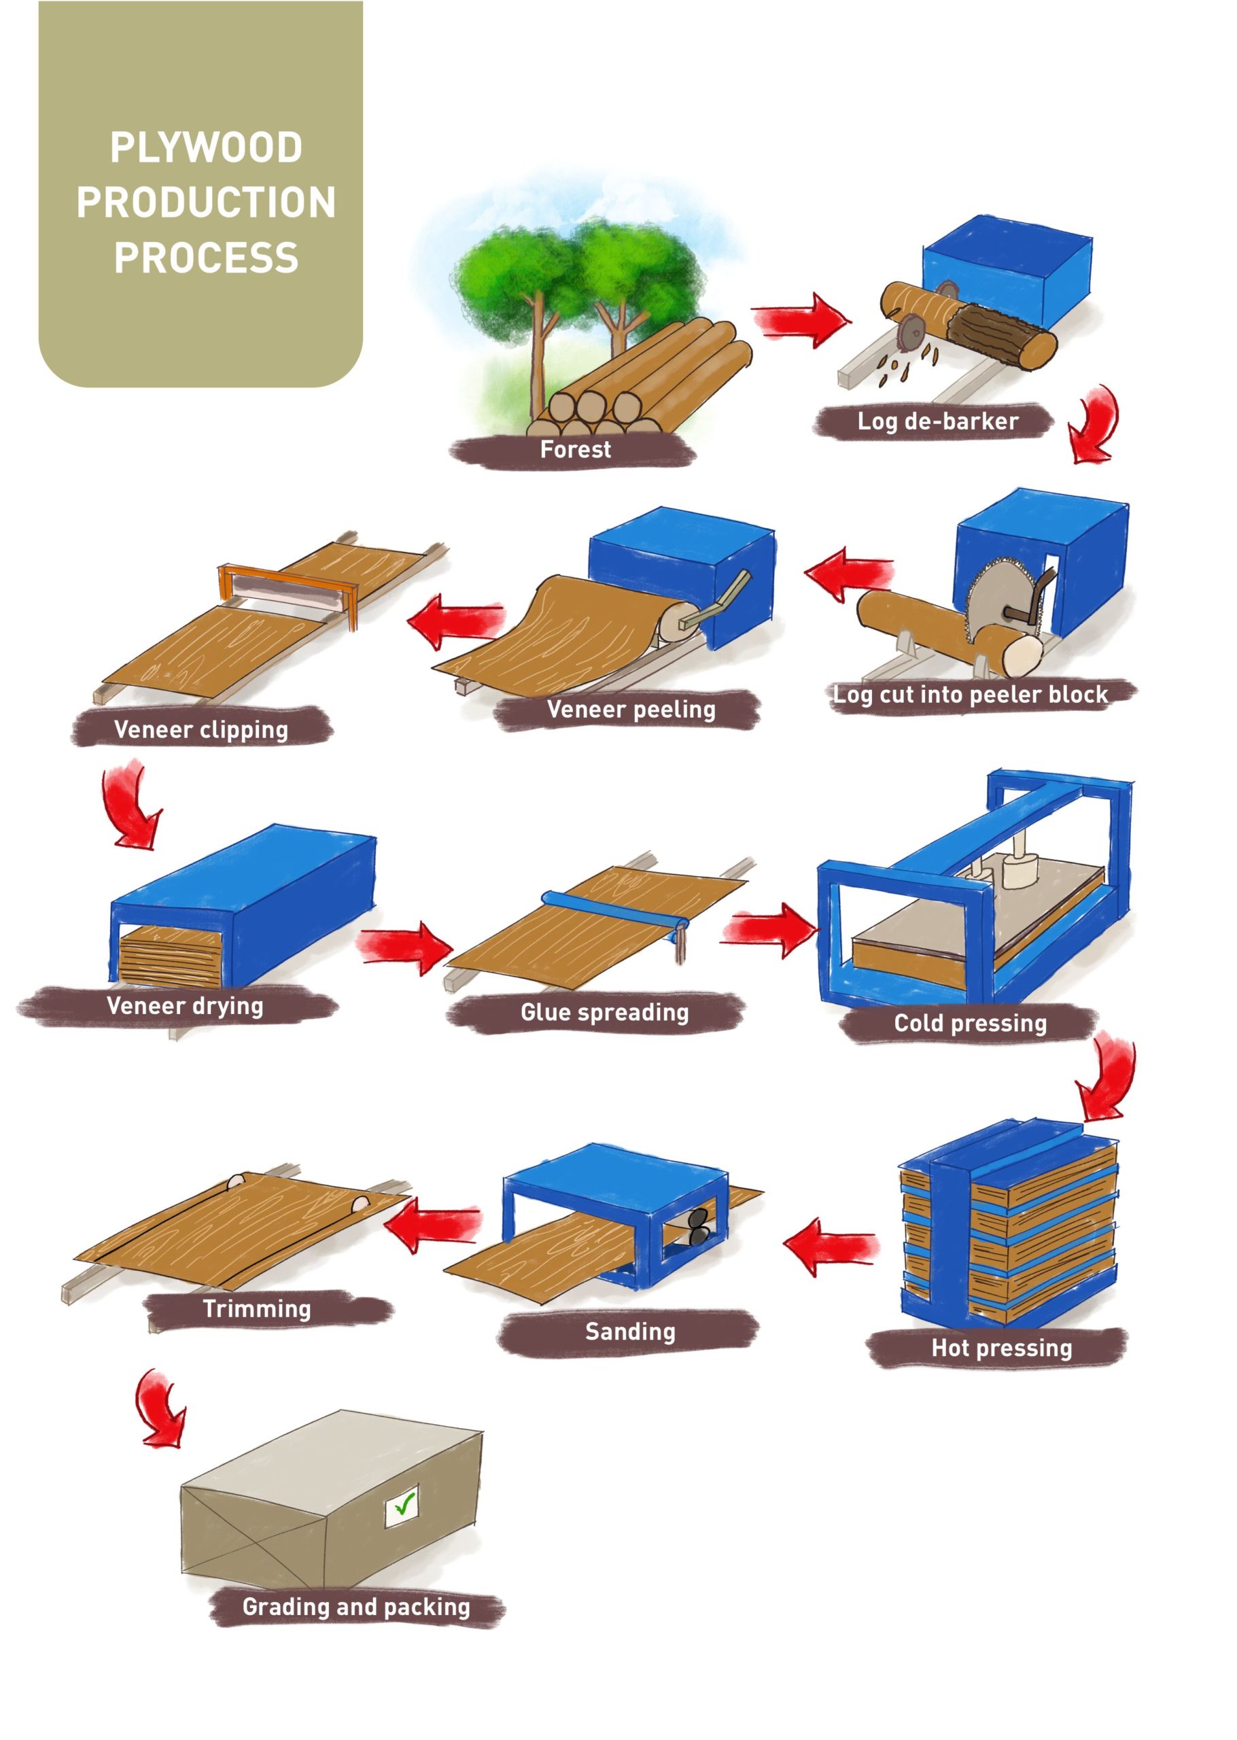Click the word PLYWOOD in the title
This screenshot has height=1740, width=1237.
coord(206,147)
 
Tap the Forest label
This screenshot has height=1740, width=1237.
coord(575,449)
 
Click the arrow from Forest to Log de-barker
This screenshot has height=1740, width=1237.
coord(800,320)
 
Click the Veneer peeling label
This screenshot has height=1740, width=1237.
coord(631,710)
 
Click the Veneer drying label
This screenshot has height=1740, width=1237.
coord(185,1006)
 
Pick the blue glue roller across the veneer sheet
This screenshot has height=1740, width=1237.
coord(613,909)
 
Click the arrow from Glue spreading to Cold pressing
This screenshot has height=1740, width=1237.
coord(769,929)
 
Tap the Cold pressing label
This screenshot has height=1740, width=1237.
coord(970,1023)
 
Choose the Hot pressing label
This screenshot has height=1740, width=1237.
coord(1001,1348)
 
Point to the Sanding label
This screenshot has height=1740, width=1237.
coord(630,1331)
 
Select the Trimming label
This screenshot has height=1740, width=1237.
coord(257,1308)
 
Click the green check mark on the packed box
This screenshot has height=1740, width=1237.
coord(404,1503)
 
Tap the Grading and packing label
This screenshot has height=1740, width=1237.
coord(355,1607)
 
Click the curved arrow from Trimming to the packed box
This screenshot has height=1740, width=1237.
coord(158,1409)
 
